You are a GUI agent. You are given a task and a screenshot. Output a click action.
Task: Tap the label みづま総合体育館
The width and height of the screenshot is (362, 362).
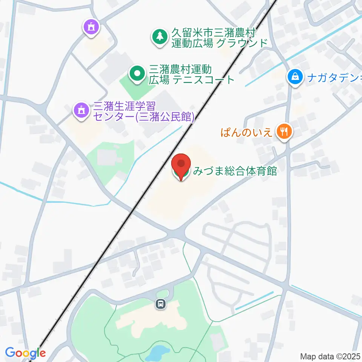point(235,172)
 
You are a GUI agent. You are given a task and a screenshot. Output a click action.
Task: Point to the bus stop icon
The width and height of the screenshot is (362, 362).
point(161,304)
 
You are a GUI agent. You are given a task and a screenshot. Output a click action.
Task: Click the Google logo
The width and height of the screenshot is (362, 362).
point(25,353)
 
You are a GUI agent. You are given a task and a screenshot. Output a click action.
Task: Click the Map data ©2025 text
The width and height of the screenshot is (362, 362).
point(331,356)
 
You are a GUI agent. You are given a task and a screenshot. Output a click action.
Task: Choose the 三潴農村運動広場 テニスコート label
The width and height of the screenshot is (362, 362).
point(192,75)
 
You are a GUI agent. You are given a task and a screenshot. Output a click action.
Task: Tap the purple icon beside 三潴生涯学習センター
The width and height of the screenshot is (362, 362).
point(80,110)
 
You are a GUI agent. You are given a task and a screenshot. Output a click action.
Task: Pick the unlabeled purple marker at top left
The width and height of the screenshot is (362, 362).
point(91,28)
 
